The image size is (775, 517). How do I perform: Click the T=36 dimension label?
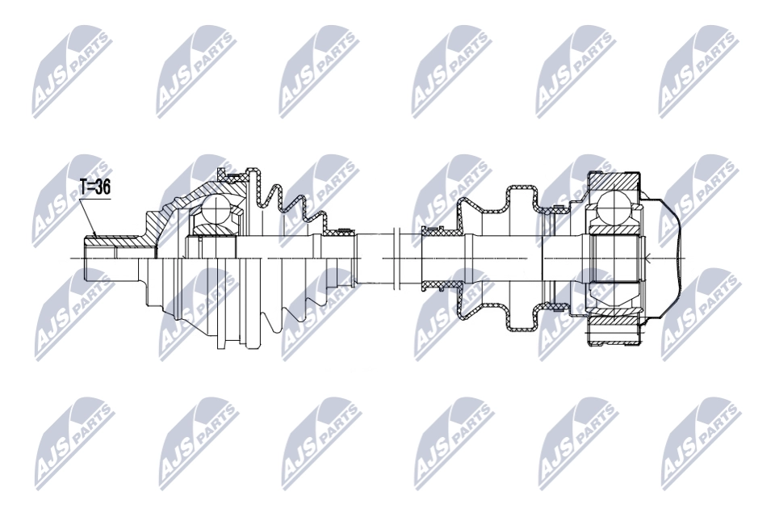[x=94, y=188]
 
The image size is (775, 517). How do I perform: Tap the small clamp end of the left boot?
[x=339, y=232]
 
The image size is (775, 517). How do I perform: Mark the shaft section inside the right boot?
[x=501, y=257]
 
